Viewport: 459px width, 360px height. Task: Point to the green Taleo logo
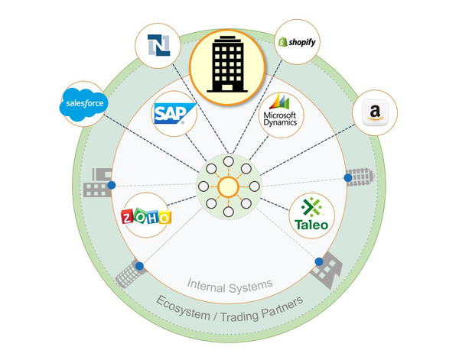311,214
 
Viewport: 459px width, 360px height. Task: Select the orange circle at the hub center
229,186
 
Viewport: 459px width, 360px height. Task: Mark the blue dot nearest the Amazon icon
348,177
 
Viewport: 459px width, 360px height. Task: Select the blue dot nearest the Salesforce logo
112,185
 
